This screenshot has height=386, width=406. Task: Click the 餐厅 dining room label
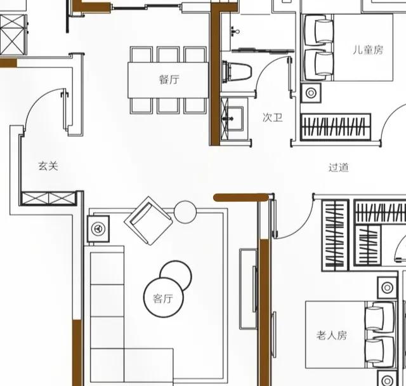169,79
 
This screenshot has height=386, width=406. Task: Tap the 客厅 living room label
162,298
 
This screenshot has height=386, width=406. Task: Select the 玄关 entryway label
48,166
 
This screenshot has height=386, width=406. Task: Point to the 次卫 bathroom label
272,117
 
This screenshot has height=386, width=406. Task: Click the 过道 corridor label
338,168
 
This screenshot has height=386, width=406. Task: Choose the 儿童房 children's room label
368,50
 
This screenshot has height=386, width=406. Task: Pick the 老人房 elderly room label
331,335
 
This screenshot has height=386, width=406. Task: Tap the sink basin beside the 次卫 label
233,119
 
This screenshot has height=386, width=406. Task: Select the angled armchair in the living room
148,221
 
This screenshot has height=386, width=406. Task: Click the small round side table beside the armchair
185,212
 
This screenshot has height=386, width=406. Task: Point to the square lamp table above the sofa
98,229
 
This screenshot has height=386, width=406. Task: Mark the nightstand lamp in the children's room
311,93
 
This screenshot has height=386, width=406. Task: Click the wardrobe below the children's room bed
336,127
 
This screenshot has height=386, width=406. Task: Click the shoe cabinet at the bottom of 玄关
48,199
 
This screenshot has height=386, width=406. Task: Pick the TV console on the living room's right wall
248,289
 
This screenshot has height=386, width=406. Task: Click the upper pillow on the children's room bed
324,31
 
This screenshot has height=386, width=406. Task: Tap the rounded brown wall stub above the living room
241,197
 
